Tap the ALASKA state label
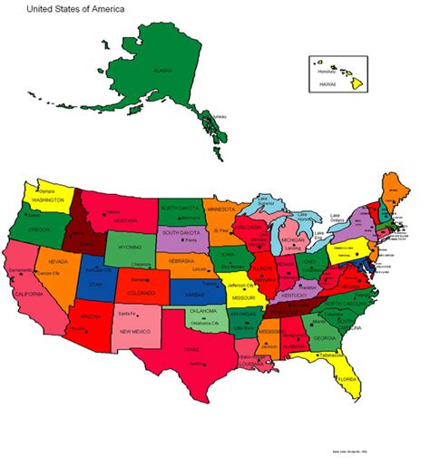point(162,70)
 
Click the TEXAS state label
point(191,348)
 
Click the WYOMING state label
point(131,246)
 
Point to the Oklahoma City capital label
point(207,323)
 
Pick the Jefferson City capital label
point(241,285)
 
